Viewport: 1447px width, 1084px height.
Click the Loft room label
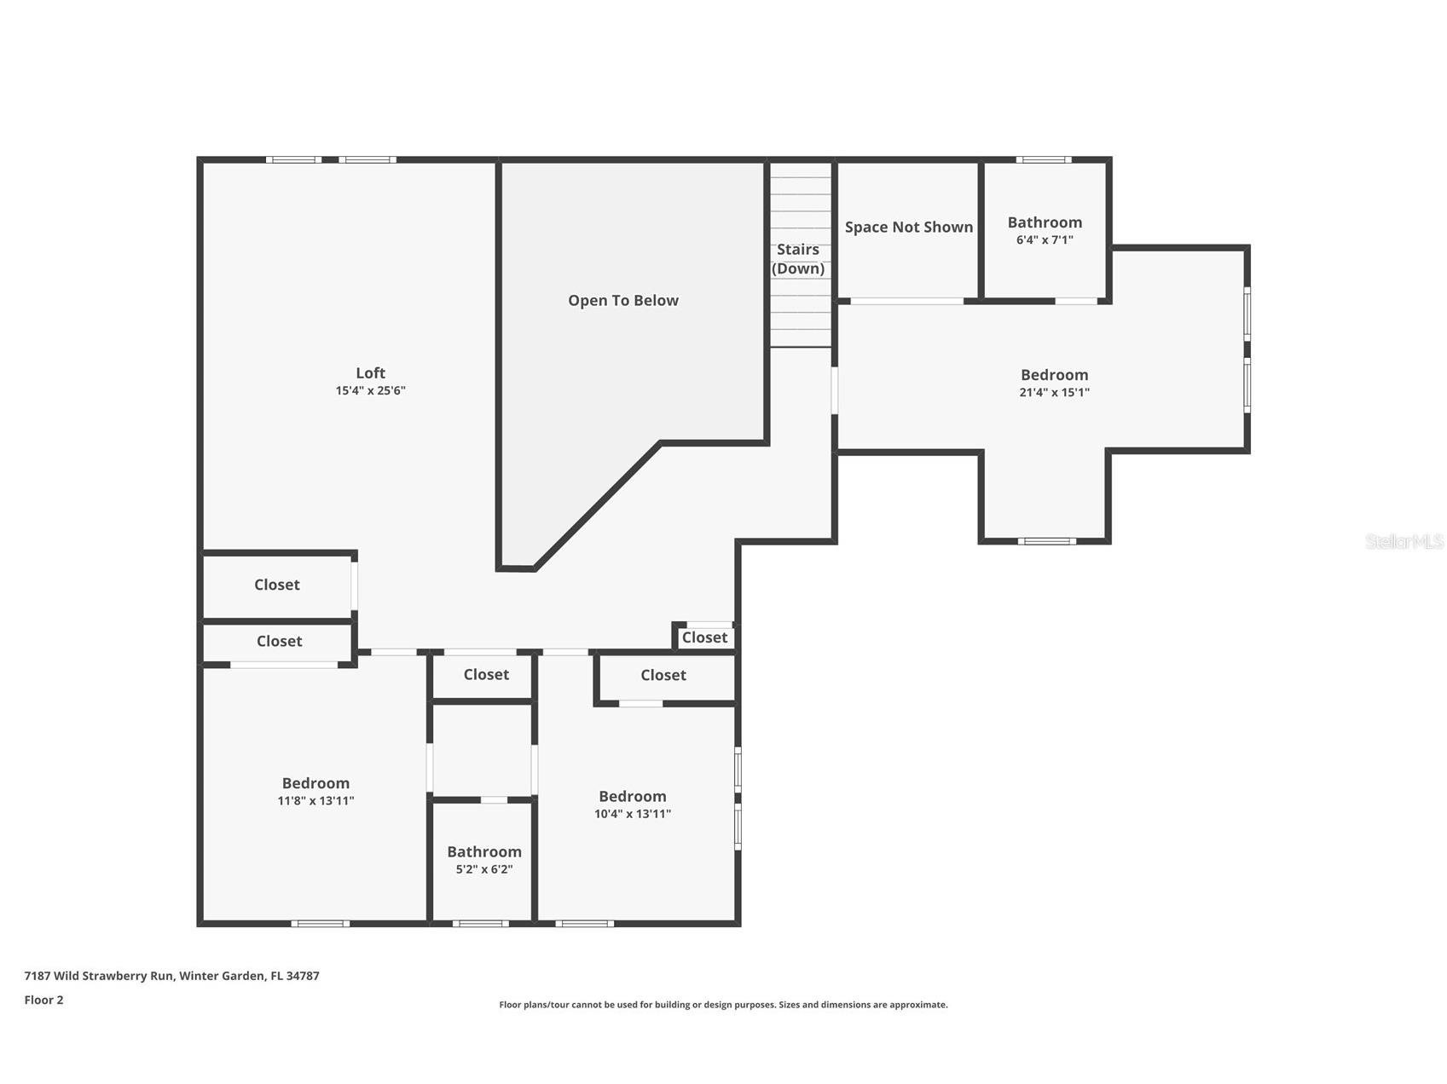tap(370, 373)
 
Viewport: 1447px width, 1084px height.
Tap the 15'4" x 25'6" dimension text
tap(370, 391)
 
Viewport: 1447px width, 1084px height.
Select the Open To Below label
tap(623, 301)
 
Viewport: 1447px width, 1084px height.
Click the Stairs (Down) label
tap(798, 259)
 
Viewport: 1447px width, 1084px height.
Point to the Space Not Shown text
tap(909, 228)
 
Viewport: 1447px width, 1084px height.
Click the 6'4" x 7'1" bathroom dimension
tap(1045, 240)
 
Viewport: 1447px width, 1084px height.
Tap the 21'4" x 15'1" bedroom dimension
tap(1055, 393)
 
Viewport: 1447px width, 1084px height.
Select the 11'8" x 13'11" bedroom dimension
tap(315, 801)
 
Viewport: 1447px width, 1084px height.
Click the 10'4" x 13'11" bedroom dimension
tap(633, 814)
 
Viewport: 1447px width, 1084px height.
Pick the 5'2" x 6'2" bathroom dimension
tap(484, 870)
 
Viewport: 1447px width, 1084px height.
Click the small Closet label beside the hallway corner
tap(704, 637)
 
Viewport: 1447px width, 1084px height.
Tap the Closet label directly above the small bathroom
tap(486, 674)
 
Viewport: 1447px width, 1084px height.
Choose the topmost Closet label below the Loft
tap(277, 585)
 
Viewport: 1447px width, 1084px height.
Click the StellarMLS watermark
tap(1404, 541)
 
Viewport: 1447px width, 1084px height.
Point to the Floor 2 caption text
tap(43, 1000)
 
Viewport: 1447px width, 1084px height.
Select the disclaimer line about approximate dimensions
tap(723, 1005)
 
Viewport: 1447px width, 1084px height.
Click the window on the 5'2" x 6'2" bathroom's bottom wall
tap(480, 923)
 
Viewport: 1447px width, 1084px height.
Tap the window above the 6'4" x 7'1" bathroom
tap(1044, 159)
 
